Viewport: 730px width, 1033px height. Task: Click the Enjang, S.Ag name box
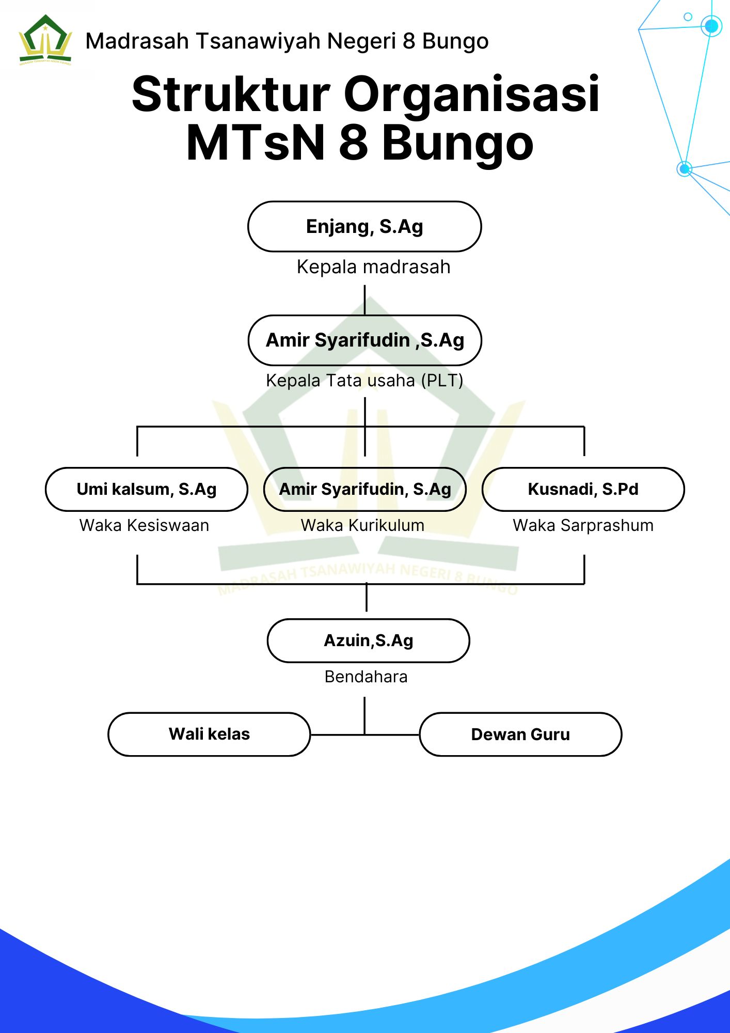point(364,227)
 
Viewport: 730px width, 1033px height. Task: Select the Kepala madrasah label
point(373,267)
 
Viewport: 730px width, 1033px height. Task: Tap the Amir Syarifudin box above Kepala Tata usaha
point(364,340)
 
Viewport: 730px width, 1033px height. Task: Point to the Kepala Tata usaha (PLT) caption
point(364,381)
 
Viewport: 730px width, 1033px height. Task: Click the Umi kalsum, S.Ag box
point(147,489)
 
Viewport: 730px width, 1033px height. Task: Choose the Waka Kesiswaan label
point(144,525)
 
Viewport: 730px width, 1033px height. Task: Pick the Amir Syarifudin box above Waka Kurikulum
point(364,489)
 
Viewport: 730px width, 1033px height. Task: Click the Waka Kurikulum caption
point(362,525)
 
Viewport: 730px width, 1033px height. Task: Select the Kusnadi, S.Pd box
point(583,489)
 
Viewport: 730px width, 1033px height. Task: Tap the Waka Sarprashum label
point(583,525)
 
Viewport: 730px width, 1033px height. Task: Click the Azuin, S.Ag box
point(368,640)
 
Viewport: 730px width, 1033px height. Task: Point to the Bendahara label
point(366,677)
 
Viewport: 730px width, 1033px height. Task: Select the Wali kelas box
point(209,734)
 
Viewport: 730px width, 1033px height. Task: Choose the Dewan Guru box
point(520,734)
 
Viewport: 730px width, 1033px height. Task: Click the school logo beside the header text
point(45,40)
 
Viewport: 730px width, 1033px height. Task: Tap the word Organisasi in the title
point(471,95)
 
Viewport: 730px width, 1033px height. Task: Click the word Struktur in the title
point(231,95)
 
